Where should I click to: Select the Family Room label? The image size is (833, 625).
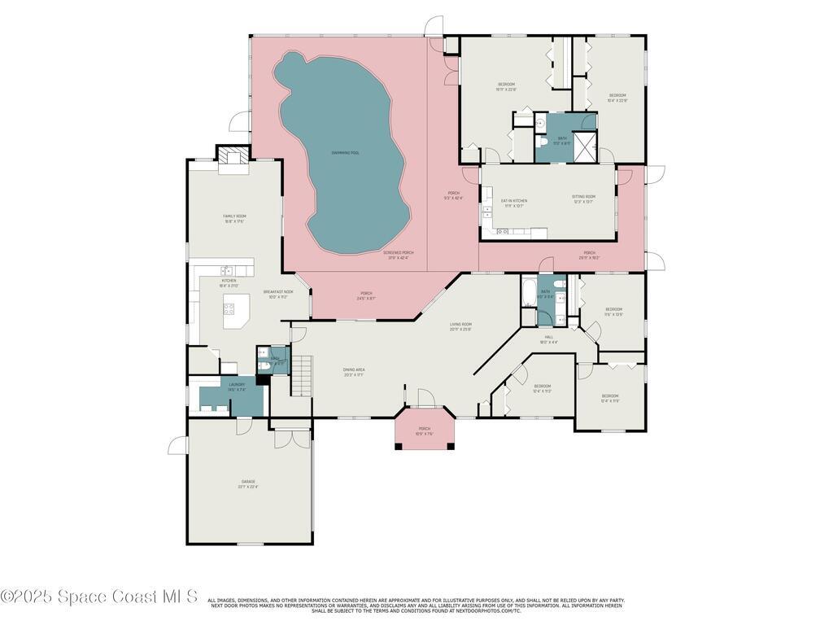pos(234,218)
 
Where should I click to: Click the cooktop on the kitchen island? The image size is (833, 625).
pos(229,309)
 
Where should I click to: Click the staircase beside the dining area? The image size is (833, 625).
pos(303,375)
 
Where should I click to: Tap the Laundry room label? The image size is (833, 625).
pos(237,387)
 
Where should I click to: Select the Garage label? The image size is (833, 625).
pos(248,484)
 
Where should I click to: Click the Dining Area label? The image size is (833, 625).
pos(354,372)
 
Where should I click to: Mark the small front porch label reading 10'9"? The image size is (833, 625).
pos(424,431)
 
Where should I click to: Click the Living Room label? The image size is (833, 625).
pos(461,326)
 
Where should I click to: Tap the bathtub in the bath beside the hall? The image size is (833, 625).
pos(528,292)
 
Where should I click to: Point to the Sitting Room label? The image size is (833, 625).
pos(583,199)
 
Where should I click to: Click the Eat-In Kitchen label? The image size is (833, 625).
pos(513,203)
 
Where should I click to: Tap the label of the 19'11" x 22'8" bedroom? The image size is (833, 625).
pos(506,86)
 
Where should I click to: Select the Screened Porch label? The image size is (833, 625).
pos(399,255)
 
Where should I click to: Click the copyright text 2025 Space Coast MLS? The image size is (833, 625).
pos(99,597)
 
